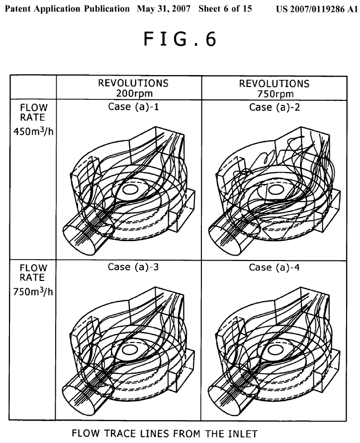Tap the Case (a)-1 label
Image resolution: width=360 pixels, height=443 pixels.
pyautogui.click(x=129, y=107)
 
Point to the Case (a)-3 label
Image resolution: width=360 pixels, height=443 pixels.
pyautogui.click(x=129, y=267)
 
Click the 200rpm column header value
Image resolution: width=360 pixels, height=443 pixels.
pyautogui.click(x=129, y=93)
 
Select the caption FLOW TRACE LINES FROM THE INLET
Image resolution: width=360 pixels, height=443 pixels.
pyautogui.click(x=165, y=434)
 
